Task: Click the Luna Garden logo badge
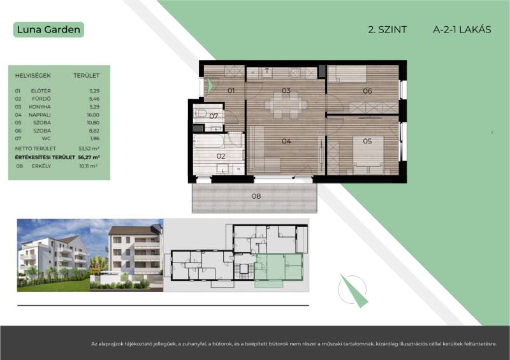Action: (49, 29)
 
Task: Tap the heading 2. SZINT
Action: (387, 29)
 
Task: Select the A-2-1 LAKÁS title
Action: (462, 29)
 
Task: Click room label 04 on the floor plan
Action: (286, 141)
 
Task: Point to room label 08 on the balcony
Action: (256, 196)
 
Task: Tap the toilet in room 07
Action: (200, 113)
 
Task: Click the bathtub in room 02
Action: (208, 141)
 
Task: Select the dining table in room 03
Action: (286, 104)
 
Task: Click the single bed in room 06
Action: (347, 73)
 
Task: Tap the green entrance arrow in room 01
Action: (209, 86)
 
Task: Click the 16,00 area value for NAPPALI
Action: (93, 115)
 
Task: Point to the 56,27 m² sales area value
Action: (89, 157)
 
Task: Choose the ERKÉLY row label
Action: (41, 166)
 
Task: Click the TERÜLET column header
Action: (86, 75)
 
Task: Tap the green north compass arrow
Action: (354, 291)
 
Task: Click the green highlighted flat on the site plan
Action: (279, 268)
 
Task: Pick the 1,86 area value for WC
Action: (94, 138)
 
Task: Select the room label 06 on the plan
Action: (367, 90)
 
